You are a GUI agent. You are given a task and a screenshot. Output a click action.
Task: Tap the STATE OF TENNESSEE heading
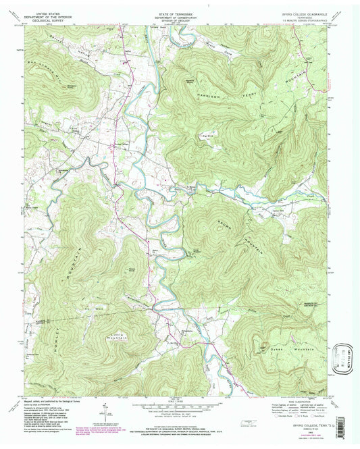(x=180, y=11)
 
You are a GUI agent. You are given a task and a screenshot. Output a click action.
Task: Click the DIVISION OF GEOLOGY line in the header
(x=180, y=20)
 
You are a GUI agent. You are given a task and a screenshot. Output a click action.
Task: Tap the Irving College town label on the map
(x=120, y=144)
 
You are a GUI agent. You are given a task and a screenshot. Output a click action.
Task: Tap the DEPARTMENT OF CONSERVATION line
(x=180, y=16)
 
